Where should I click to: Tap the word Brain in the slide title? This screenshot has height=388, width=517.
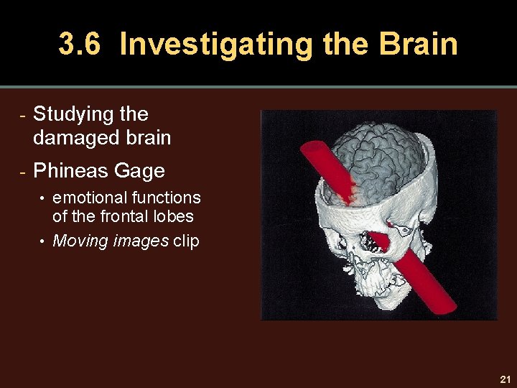pos(419,45)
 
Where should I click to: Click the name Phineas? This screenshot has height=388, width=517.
pos(70,171)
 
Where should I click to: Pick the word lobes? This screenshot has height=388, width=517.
pos(175,216)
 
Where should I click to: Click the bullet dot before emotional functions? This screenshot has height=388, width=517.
pos(43,198)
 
